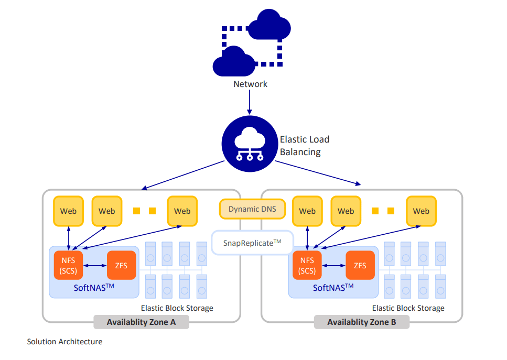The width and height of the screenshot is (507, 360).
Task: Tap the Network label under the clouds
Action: coord(250,84)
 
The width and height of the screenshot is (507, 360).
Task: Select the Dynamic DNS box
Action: coord(252,209)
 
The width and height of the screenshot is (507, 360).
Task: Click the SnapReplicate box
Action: coord(252,243)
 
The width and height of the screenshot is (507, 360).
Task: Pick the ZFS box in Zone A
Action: coord(121,265)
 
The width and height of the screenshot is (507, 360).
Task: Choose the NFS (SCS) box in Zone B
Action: coord(307,265)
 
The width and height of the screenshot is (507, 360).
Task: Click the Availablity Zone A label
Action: coord(141,322)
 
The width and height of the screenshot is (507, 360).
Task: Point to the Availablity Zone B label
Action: coord(362,322)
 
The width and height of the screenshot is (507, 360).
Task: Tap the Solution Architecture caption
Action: coord(64,342)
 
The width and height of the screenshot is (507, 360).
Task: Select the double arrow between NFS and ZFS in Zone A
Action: coord(95,266)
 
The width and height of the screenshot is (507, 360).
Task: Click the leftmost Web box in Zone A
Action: coord(68,211)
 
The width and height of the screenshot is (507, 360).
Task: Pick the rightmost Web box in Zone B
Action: coord(420,211)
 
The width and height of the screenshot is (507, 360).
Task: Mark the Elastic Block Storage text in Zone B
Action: coord(408,308)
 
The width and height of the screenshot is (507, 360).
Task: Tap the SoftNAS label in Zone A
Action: coord(93,287)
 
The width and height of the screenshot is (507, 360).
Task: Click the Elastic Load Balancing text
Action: coord(304,146)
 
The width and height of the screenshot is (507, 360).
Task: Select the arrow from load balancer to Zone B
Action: coord(318,173)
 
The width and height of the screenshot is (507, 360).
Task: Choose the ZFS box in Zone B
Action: coord(360,265)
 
